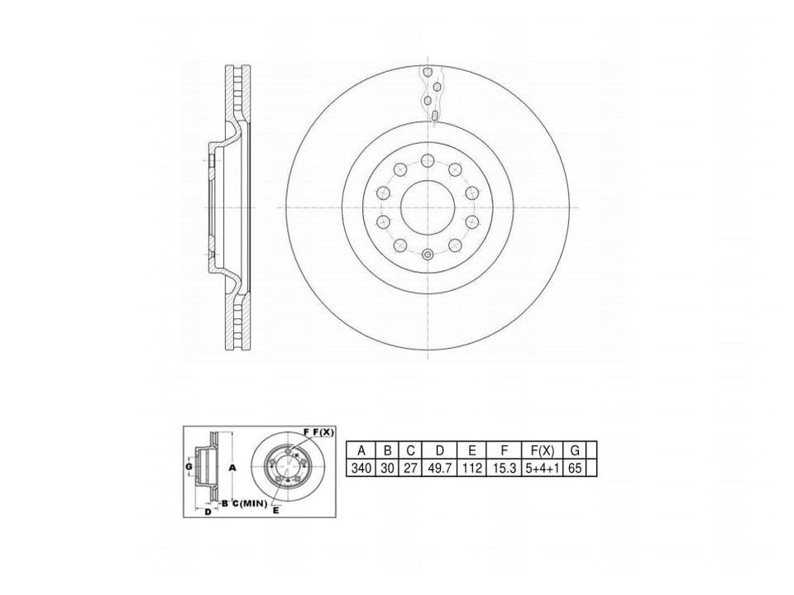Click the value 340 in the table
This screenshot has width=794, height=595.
click(361, 468)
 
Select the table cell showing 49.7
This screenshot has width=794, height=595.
click(439, 468)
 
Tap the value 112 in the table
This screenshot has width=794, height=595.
click(471, 468)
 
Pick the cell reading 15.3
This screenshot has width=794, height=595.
click(504, 468)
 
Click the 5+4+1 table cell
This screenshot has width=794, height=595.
click(542, 468)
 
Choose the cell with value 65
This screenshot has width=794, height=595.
click(575, 468)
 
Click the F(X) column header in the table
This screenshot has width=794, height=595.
click(542, 450)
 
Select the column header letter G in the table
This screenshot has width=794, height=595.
click(575, 450)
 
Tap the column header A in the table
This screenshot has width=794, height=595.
click(361, 450)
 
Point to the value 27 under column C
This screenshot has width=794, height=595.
click(410, 468)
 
